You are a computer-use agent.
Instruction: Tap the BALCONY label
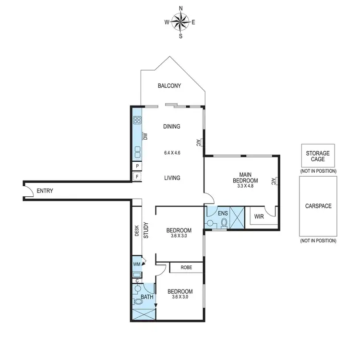click(169, 86)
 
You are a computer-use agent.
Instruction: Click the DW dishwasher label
click(145, 137)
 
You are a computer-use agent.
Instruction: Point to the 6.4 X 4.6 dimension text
click(171, 153)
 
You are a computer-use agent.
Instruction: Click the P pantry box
click(137, 166)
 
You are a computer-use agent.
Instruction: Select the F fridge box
click(137, 177)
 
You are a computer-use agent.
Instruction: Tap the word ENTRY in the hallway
click(45, 191)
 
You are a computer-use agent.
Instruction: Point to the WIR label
click(259, 216)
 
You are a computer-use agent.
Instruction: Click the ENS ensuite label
click(222, 213)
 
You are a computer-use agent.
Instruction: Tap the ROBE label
click(186, 268)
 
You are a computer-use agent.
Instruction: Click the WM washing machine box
click(136, 264)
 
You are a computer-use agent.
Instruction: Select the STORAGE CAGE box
click(318, 156)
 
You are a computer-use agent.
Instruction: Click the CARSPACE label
click(318, 206)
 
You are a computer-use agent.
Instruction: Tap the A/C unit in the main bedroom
click(273, 181)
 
